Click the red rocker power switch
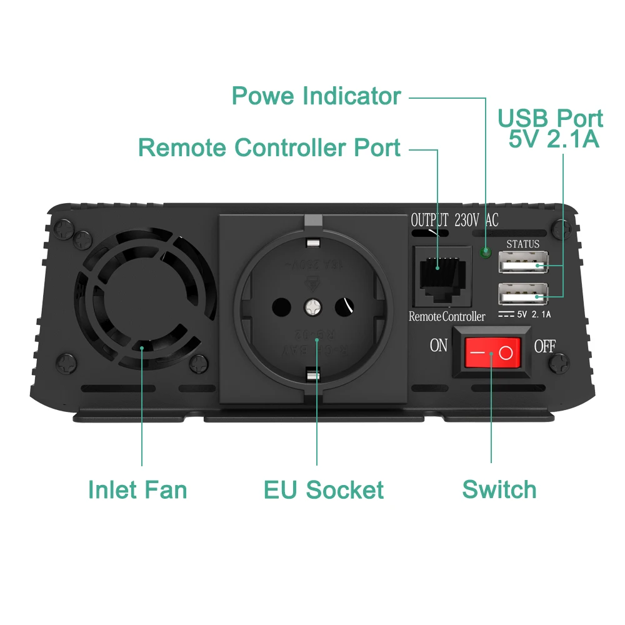click(x=492, y=354)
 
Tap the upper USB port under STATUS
click(x=523, y=265)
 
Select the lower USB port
click(x=523, y=294)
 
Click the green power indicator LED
click(x=485, y=253)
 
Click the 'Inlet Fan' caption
click(x=137, y=489)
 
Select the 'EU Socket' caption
click(x=323, y=489)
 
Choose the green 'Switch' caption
click(x=499, y=489)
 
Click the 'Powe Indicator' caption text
click(x=316, y=96)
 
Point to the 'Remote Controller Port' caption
click(x=269, y=147)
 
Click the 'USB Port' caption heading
click(x=550, y=118)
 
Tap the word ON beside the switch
click(x=439, y=346)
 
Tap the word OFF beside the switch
click(x=544, y=346)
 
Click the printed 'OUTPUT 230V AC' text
click(x=454, y=220)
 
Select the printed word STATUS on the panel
click(x=522, y=244)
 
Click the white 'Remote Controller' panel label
click(x=446, y=316)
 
